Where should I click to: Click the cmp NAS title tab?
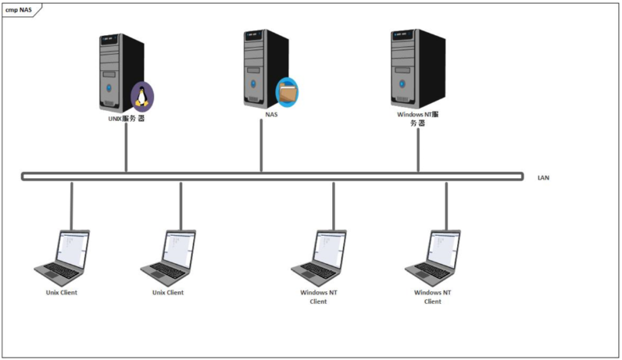[20, 10]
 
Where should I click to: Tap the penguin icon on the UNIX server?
[142, 96]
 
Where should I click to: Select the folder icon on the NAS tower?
[287, 92]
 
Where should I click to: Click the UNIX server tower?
[121, 73]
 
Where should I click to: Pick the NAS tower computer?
[266, 68]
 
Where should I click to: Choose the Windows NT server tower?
[418, 68]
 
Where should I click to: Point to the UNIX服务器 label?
[127, 118]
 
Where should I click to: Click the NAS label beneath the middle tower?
[271, 115]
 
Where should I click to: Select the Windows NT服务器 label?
[418, 119]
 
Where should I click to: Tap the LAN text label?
[543, 177]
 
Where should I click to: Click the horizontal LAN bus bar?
[272, 176]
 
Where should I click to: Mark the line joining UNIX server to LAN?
[126, 148]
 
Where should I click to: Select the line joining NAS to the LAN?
[261, 145]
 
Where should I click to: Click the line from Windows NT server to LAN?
[418, 150]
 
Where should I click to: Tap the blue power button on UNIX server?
[109, 87]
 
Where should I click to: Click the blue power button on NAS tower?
[253, 84]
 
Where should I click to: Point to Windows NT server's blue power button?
[402, 84]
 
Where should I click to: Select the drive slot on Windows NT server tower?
[402, 70]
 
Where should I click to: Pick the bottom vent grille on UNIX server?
[109, 104]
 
